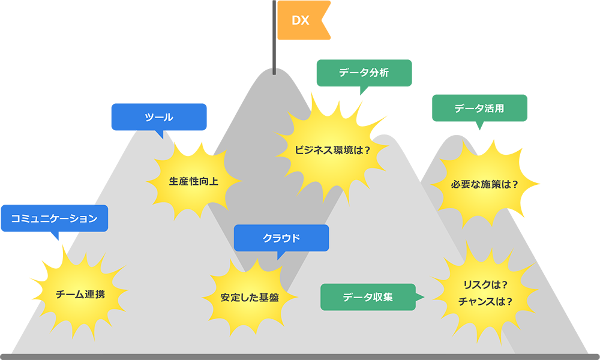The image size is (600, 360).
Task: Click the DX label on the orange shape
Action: tap(300, 20)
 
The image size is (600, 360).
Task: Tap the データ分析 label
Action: tap(364, 73)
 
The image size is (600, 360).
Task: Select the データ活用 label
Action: tap(479, 109)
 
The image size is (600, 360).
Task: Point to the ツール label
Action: tap(159, 117)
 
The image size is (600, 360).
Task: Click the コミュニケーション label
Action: tap(54, 218)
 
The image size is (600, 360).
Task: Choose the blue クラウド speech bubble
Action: tap(281, 238)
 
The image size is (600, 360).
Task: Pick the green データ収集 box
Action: tap(368, 297)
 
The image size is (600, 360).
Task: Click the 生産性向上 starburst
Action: tap(193, 181)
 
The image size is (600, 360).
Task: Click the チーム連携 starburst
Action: tap(80, 295)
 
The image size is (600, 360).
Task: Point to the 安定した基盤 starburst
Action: tap(249, 297)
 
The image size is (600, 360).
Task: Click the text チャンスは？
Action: tap(485, 301)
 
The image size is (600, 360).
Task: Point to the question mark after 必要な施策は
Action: tap(514, 184)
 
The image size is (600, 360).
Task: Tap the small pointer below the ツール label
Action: tap(160, 135)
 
